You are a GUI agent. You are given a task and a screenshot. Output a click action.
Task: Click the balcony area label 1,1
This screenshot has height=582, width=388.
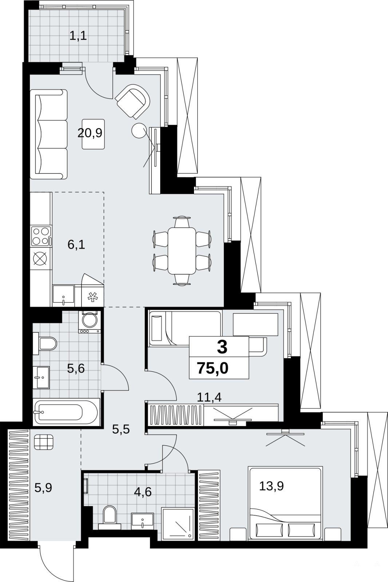78,36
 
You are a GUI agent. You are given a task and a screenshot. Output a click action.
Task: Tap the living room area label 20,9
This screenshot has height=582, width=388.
90,133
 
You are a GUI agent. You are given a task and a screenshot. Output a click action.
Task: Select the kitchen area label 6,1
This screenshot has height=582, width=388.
76,245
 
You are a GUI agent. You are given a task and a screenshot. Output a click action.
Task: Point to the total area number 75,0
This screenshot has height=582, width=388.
213,368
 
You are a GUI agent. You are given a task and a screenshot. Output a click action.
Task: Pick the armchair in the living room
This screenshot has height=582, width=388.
132,101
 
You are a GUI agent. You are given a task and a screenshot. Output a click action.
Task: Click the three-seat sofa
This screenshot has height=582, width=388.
49,134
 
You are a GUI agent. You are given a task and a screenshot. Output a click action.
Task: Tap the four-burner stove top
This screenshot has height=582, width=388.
41,236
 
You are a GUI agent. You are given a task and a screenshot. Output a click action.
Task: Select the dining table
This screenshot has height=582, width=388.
182,251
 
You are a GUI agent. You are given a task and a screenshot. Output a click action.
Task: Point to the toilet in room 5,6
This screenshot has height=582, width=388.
45,343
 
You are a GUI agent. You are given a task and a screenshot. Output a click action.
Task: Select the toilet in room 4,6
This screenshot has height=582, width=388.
110,517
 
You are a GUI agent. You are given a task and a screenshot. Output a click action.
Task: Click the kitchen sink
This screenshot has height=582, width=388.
63,295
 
